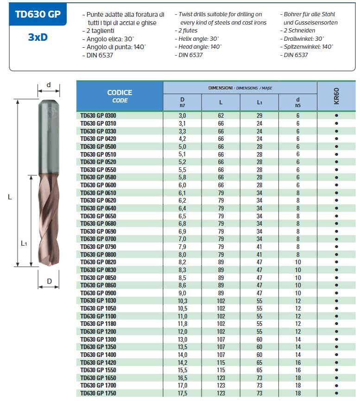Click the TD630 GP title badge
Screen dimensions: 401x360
38,14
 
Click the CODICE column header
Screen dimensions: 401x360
120,96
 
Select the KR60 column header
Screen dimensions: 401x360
336,96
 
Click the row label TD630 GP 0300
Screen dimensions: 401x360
98,115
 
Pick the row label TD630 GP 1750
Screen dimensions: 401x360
98,393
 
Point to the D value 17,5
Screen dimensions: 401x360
182,393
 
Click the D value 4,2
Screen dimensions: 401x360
182,139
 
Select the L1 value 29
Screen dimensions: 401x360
259,115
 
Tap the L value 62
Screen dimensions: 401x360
221,115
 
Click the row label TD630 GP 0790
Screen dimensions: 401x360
98,247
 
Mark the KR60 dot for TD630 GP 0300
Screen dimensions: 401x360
336,115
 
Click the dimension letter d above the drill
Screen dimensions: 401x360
49,85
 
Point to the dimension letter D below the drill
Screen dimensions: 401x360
49,281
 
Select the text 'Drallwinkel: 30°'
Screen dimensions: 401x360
304,39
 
